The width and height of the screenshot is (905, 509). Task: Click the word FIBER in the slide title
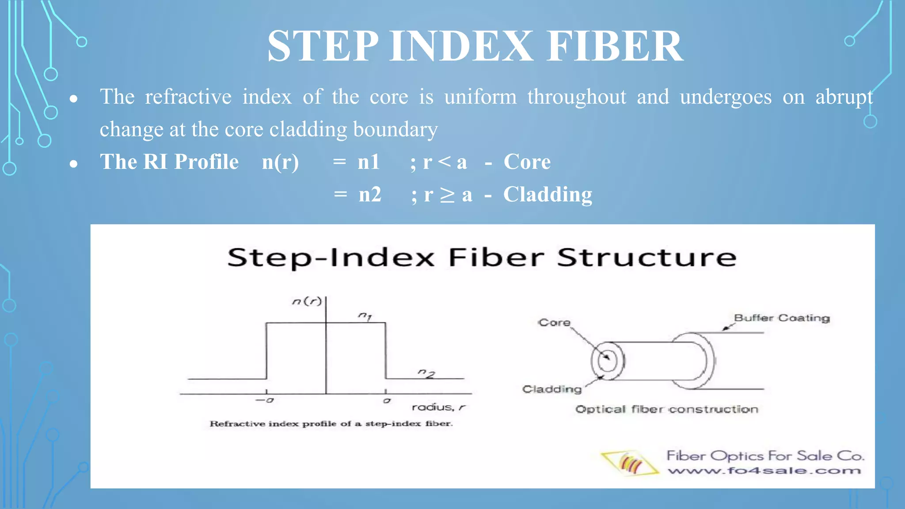(615, 46)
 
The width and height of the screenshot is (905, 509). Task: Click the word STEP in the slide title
(323, 46)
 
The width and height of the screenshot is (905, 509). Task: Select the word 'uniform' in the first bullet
(480, 97)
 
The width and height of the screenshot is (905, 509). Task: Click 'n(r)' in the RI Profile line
(280, 162)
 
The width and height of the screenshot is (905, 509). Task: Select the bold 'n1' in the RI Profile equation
(369, 162)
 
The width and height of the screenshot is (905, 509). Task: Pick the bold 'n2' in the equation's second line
(370, 194)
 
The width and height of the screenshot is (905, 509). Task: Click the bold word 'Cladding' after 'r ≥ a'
(548, 194)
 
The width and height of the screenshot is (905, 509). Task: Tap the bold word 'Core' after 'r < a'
(527, 162)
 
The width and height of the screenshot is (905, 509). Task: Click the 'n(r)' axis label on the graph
(307, 301)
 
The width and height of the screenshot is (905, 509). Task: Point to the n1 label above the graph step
(365, 315)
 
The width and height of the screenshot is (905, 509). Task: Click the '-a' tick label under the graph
(265, 400)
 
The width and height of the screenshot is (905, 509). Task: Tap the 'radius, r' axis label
(438, 407)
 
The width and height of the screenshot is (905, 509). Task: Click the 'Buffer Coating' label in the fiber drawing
(782, 318)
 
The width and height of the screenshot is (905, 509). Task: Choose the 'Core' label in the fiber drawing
(554, 323)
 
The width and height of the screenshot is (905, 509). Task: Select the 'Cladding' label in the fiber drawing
(552, 389)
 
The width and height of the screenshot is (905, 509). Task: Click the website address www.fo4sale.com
(764, 471)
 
